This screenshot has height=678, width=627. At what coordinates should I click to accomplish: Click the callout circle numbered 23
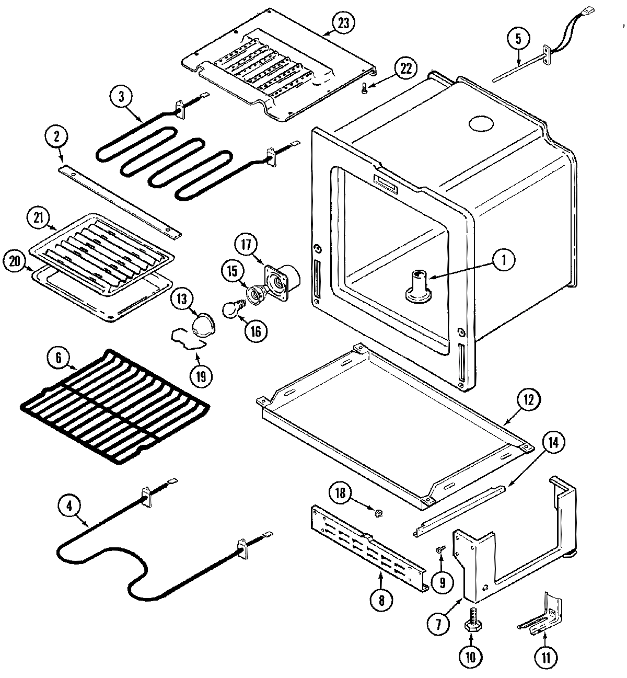(344, 23)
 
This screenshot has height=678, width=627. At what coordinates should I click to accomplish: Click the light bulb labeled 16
(231, 311)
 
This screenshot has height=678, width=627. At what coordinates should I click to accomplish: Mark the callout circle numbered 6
(59, 358)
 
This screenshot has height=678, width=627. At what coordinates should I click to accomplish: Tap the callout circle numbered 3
(122, 97)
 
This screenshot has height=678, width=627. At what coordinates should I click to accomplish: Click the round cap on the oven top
(482, 124)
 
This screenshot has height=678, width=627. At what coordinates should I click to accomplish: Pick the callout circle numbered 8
(381, 601)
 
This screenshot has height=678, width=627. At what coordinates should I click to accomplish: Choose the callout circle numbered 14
(552, 443)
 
